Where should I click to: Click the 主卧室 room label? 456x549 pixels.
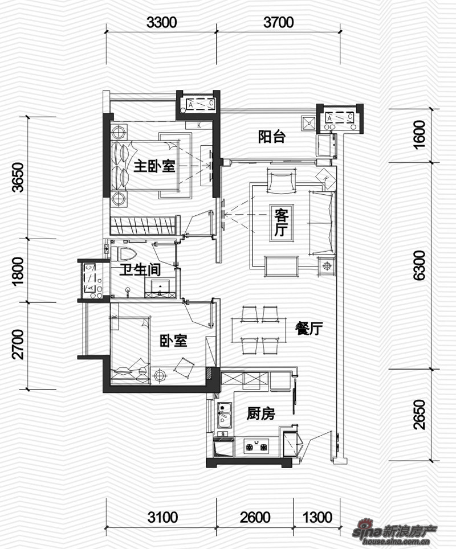click(x=154, y=166)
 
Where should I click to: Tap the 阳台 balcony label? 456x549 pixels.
click(x=272, y=137)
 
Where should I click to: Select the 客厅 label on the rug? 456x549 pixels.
click(x=282, y=222)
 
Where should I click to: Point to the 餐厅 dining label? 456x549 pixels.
click(x=308, y=329)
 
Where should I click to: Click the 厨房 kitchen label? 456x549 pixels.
click(x=260, y=413)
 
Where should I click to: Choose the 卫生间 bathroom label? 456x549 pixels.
click(x=140, y=269)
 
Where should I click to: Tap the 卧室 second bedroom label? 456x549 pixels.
click(x=173, y=341)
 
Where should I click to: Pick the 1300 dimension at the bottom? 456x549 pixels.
click(x=317, y=517)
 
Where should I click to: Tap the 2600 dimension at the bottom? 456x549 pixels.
click(x=255, y=517)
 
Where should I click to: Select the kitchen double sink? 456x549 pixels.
click(x=225, y=415)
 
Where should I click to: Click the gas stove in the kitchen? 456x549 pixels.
click(x=256, y=446)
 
